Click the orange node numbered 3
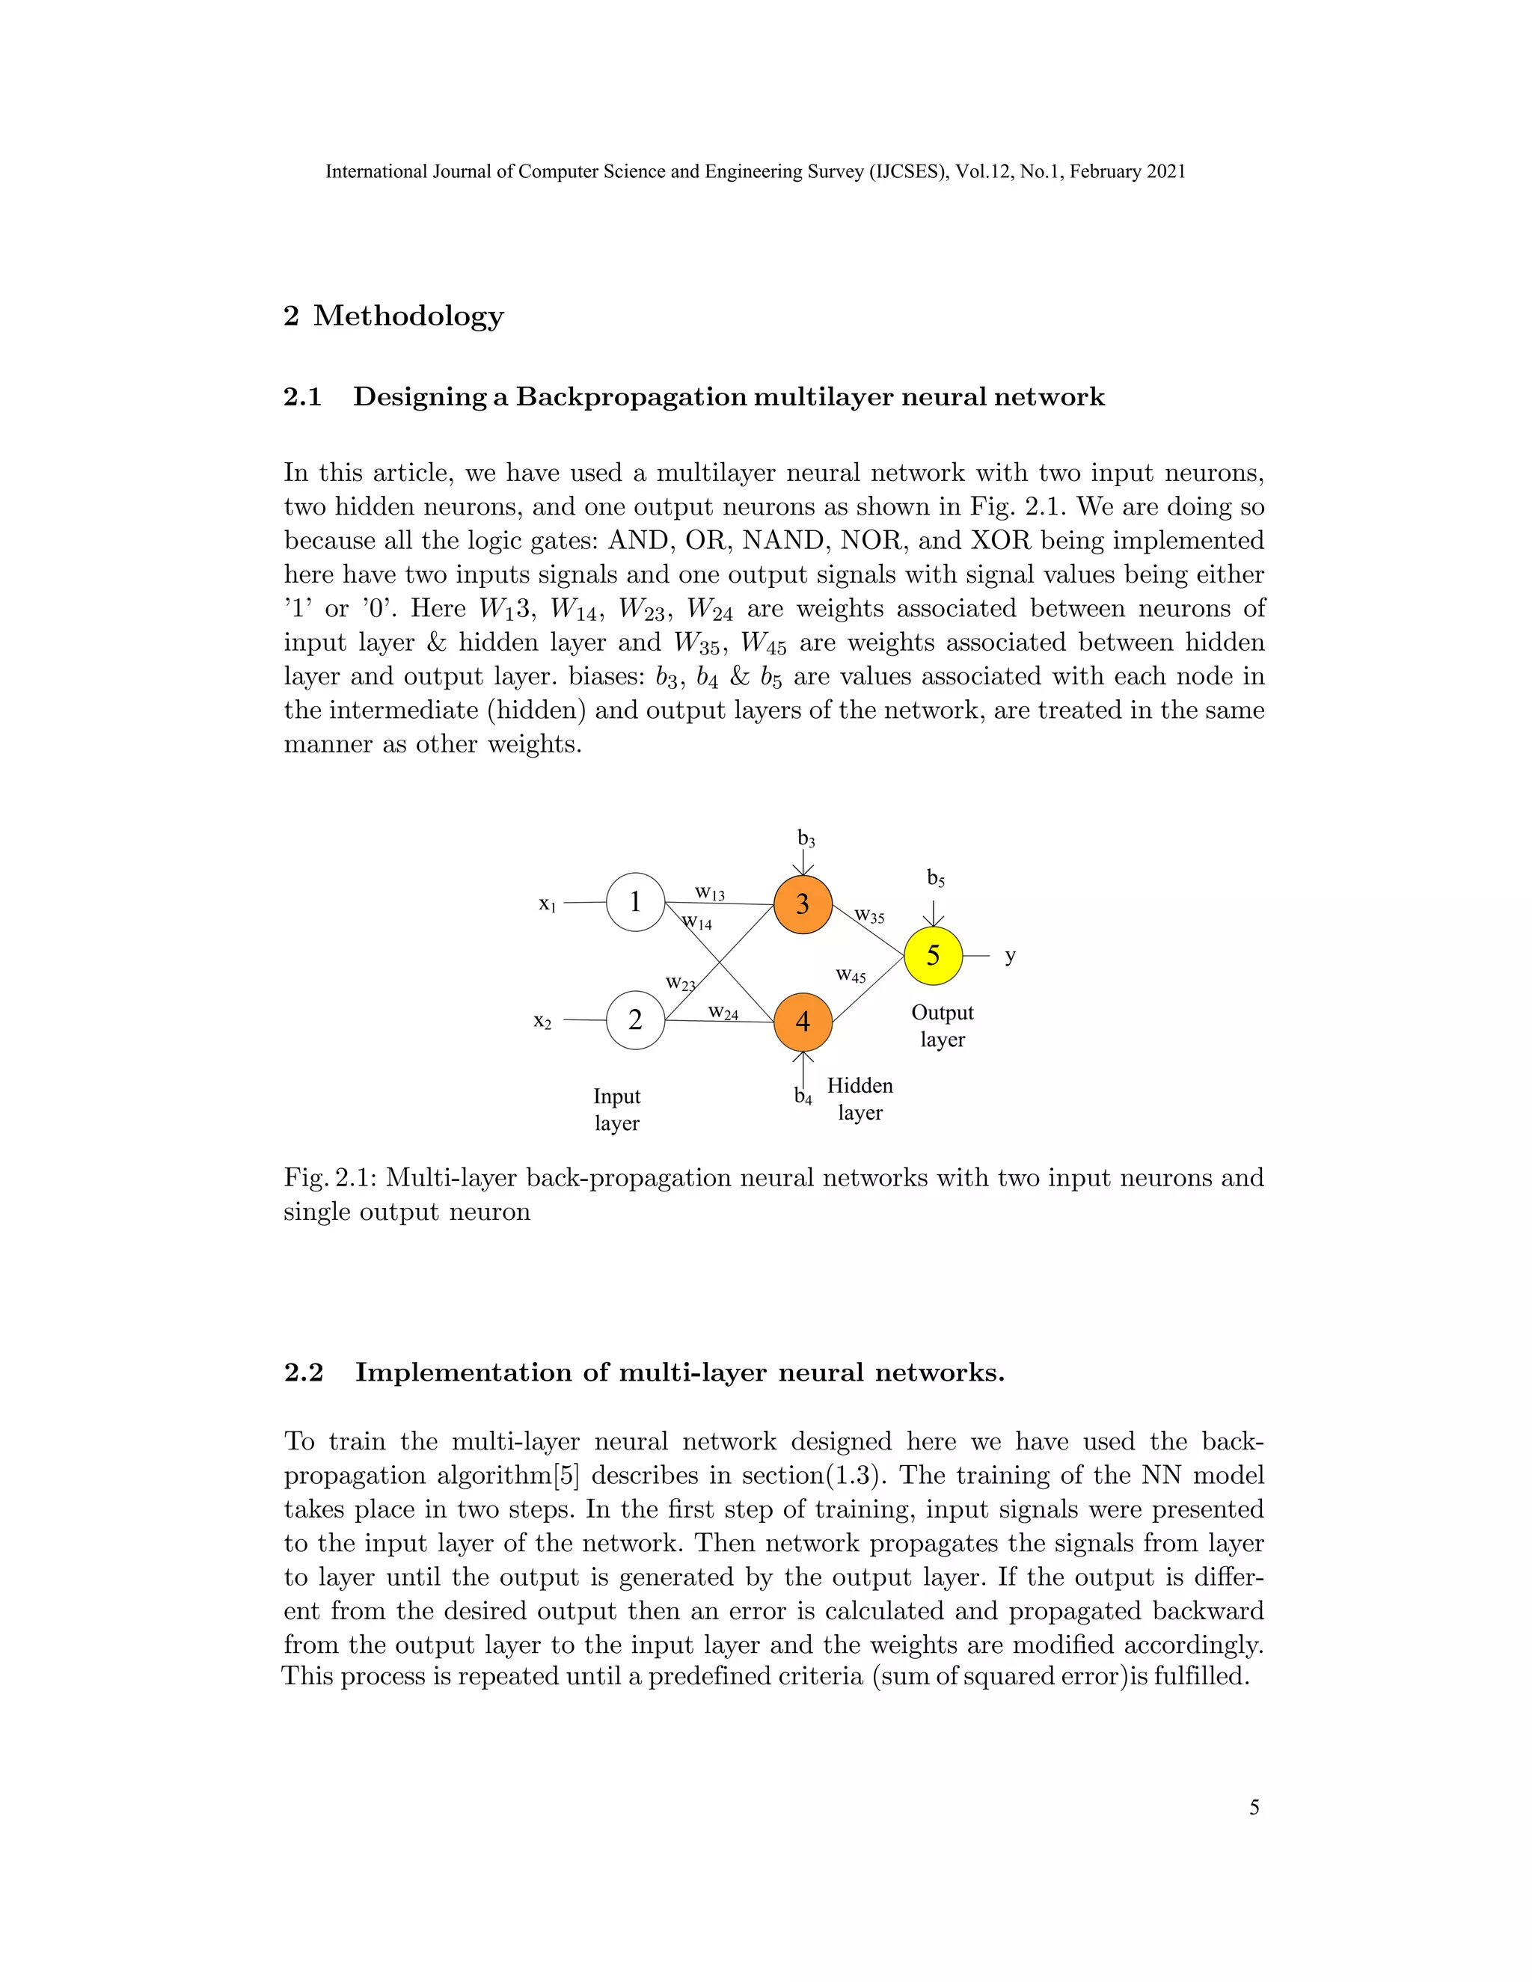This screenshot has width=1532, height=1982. click(803, 904)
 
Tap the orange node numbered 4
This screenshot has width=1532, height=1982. click(803, 1021)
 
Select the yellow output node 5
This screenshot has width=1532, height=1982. click(933, 956)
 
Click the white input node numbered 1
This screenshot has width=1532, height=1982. click(635, 902)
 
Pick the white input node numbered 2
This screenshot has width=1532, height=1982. click(635, 1020)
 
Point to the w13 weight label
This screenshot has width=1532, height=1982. click(710, 894)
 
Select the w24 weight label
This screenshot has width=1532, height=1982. click(723, 1012)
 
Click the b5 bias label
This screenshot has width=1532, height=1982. click(936, 879)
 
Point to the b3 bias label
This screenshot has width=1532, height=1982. click(806, 838)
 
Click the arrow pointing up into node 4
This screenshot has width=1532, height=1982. click(803, 1067)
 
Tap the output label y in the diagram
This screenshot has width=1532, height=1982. click(1010, 957)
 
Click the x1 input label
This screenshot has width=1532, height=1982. click(546, 904)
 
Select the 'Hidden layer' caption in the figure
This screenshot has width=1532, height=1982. click(860, 1099)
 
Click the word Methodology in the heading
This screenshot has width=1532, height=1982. click(408, 316)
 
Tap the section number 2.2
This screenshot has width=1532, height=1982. click(303, 1372)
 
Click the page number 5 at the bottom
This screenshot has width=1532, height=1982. click(1254, 1808)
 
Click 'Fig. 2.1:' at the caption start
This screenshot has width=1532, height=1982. click(331, 1178)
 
